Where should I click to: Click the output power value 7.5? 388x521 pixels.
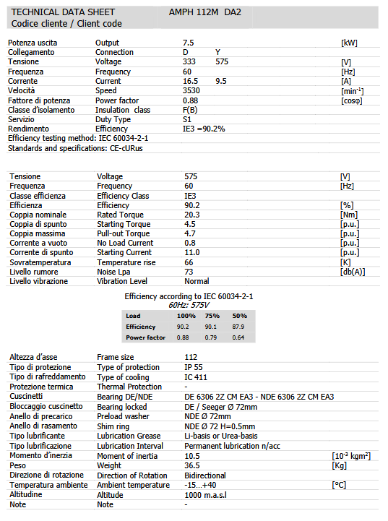pyautogui.click(x=189, y=43)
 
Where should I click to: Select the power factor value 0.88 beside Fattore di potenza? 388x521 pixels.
pyautogui.click(x=191, y=100)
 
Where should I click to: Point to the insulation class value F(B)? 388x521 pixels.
pyautogui.click(x=191, y=110)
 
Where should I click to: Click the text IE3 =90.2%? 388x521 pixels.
pyautogui.click(x=204, y=129)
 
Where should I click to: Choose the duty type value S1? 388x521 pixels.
pyautogui.click(x=187, y=119)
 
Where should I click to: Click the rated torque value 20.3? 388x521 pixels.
pyautogui.click(x=192, y=215)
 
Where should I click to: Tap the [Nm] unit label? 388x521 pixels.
pyautogui.click(x=350, y=215)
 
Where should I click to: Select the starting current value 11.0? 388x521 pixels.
pyautogui.click(x=192, y=253)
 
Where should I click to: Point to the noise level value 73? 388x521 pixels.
pyautogui.click(x=189, y=272)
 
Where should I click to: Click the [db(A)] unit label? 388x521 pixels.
pyautogui.click(x=353, y=272)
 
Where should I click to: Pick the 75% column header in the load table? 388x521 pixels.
pyautogui.click(x=212, y=317)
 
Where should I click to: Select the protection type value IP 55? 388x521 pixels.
pyautogui.click(x=194, y=366)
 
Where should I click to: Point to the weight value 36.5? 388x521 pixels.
pyautogui.click(x=192, y=465)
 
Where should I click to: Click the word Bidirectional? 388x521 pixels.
pyautogui.click(x=205, y=475)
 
